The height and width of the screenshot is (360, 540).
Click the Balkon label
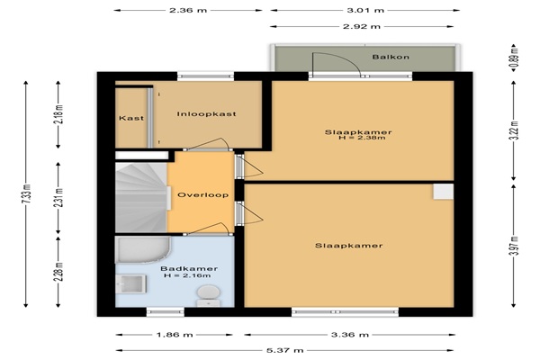(x=391, y=57)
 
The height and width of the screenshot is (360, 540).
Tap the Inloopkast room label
(x=207, y=113)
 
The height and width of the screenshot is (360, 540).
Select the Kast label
(x=131, y=118)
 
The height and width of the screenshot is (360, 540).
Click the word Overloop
(x=202, y=194)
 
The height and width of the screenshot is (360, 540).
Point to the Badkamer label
(x=189, y=269)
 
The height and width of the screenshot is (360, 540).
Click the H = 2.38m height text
(x=362, y=138)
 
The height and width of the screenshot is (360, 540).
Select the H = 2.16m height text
(x=187, y=275)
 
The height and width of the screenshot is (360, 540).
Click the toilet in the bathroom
(x=209, y=295)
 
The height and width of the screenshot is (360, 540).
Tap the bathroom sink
(x=130, y=284)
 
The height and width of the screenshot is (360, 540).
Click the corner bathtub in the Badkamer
(x=143, y=250)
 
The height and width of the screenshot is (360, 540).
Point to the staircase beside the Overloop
(x=141, y=198)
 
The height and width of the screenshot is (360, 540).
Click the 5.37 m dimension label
(x=285, y=351)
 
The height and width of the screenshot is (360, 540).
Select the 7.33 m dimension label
(x=28, y=194)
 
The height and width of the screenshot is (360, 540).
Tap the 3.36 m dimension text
(x=350, y=335)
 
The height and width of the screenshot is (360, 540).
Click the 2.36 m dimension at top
(x=188, y=10)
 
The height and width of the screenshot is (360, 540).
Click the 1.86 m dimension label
(x=175, y=335)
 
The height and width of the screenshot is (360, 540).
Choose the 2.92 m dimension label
(x=362, y=26)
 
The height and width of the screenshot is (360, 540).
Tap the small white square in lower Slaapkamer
(x=443, y=192)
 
